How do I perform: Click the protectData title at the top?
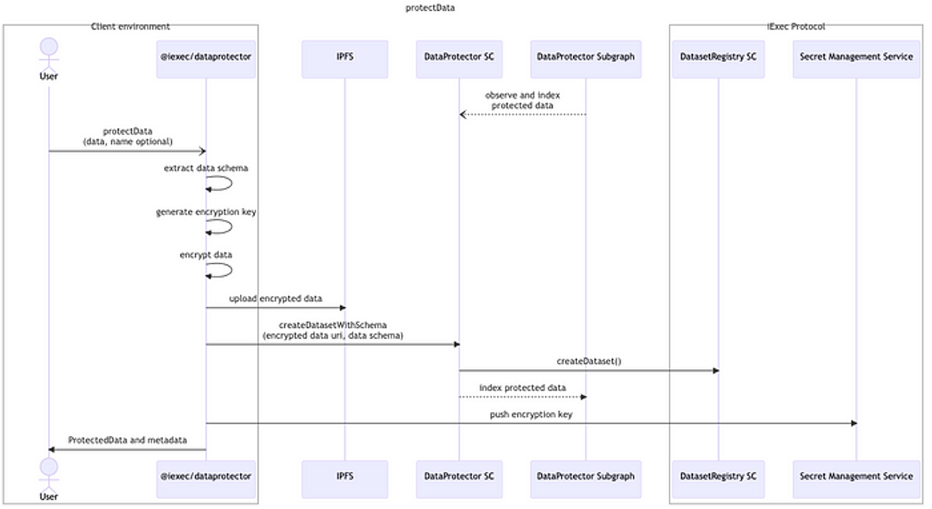[x=429, y=8]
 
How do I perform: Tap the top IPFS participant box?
[x=345, y=59]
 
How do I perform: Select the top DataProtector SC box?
[x=459, y=59]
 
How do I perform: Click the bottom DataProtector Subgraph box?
[x=586, y=479]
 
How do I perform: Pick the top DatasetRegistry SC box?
[x=718, y=59]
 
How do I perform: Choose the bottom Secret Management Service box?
[x=856, y=479]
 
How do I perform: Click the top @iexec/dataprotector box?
[x=206, y=59]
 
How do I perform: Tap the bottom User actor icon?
[x=49, y=479]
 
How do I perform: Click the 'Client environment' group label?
[x=130, y=26]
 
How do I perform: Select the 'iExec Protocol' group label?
[x=796, y=26]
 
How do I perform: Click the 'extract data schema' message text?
[x=206, y=168]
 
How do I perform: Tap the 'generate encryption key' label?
[x=206, y=212]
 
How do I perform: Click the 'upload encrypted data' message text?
[x=276, y=298]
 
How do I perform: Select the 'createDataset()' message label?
[x=589, y=361]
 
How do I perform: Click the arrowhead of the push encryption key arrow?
[x=854, y=424]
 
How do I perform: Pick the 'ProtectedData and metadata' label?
[x=127, y=440]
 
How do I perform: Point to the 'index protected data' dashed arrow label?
[x=522, y=388]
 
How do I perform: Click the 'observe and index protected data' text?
[x=522, y=100]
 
